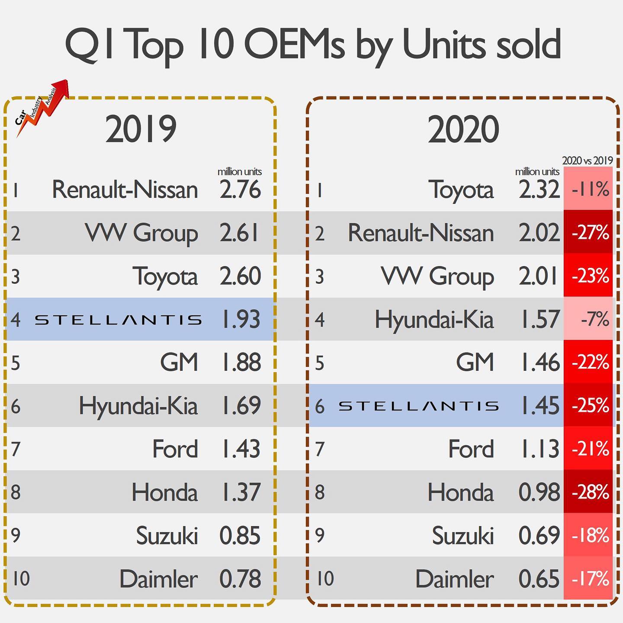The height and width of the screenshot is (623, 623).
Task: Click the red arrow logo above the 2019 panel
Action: pos(42,108)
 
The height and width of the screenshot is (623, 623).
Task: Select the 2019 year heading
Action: pos(141,128)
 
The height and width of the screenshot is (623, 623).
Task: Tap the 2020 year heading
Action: pos(463,128)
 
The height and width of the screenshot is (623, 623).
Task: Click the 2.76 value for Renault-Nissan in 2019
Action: pos(240,189)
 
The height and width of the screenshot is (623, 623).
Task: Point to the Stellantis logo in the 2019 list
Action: pos(119,320)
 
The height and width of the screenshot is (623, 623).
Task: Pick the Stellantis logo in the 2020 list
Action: pos(419,406)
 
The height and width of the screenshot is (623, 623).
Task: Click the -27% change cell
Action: pos(588,233)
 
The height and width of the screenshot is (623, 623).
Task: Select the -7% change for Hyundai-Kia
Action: pos(588,319)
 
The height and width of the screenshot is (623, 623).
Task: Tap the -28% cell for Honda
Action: pos(588,492)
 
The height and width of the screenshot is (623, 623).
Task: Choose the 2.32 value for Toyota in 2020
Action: pos(539,189)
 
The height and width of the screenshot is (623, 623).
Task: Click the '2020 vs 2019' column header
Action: pos(588,161)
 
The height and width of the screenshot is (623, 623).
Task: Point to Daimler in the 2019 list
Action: pos(158,579)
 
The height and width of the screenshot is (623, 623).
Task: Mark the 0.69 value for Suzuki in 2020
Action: pos(539,535)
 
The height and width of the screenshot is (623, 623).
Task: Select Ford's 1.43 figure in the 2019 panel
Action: pos(241,449)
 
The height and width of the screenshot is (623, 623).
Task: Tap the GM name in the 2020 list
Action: pos(475,363)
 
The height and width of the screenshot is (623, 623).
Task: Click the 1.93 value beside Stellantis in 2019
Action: pos(241,319)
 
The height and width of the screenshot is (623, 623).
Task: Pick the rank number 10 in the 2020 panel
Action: pos(325,579)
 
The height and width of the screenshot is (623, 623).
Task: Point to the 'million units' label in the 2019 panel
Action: pos(240,171)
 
